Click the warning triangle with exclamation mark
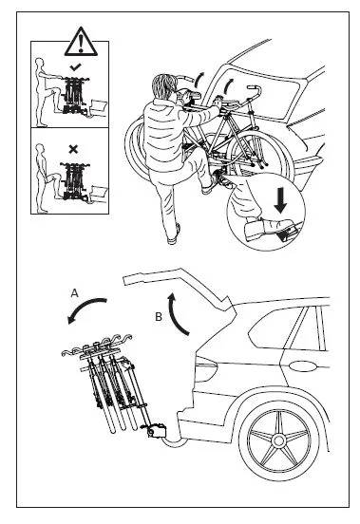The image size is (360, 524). click(81, 43)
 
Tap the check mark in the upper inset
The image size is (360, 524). click(76, 67)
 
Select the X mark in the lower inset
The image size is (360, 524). click(73, 149)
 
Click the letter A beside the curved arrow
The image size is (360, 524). click(74, 293)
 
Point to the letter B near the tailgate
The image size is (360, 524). click(159, 316)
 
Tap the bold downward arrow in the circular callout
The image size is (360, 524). click(280, 200)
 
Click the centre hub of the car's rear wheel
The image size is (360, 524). click(278, 440)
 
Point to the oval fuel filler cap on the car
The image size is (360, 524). click(303, 366)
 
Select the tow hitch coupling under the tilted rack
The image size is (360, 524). click(157, 430)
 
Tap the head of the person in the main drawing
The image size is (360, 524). click(163, 85)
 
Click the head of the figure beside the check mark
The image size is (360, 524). click(40, 65)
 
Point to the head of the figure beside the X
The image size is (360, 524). click(40, 149)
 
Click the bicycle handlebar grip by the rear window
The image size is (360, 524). click(253, 87)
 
